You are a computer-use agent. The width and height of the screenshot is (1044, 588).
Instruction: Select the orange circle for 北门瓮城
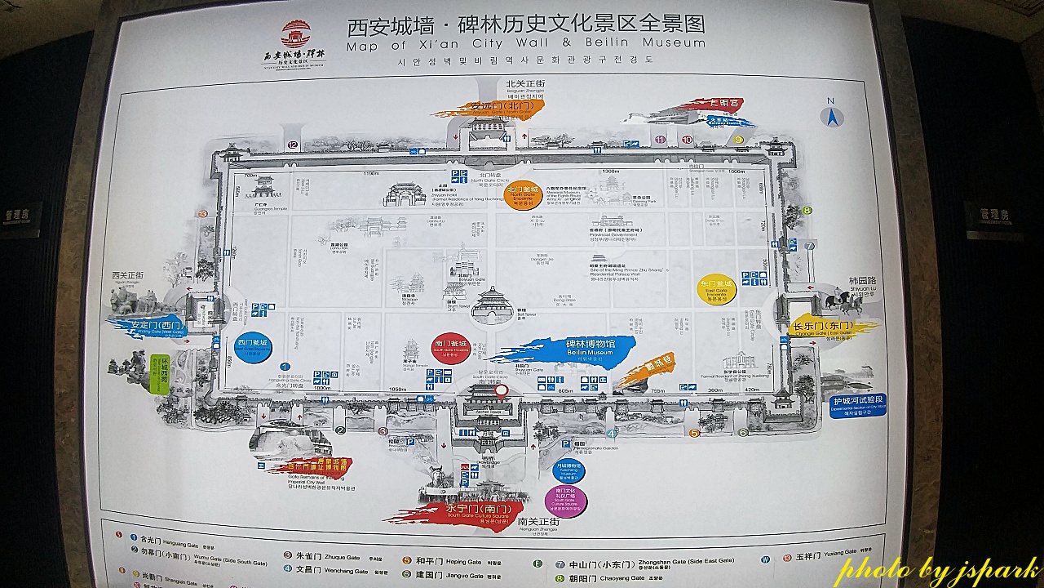pos(523,195)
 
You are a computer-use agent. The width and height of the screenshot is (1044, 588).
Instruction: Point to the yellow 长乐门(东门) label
pos(823,327)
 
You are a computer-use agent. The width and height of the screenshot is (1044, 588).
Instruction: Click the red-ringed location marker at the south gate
pos(502,390)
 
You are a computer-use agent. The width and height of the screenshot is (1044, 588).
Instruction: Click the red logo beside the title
pos(296,35)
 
